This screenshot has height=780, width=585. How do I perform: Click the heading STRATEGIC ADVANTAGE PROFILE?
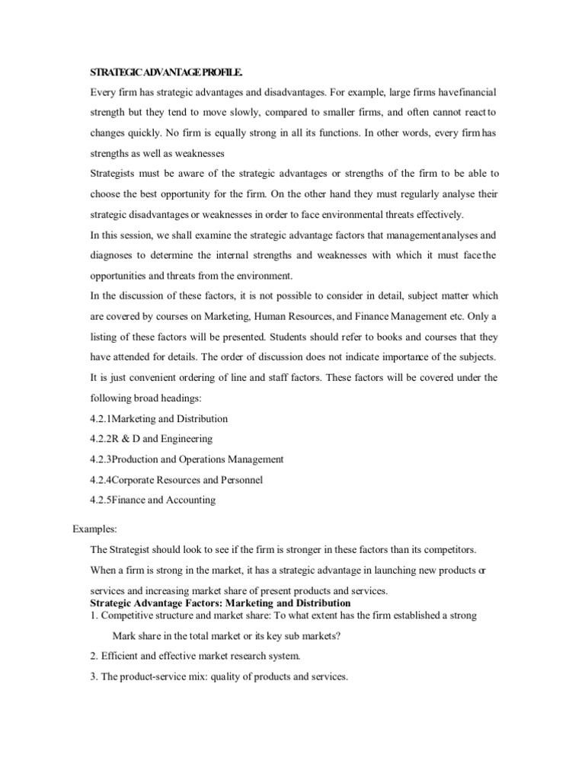tap(167, 72)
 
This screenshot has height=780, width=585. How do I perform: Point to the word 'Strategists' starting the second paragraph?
tap(115, 173)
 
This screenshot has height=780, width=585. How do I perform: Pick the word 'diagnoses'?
tap(113, 255)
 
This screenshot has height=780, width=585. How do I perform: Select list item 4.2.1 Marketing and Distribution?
tap(158, 419)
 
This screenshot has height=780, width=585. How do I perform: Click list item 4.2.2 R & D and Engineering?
tap(151, 439)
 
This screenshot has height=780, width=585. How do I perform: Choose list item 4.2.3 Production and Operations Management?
tap(187, 459)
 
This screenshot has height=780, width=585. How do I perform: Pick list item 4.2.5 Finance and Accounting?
tap(152, 500)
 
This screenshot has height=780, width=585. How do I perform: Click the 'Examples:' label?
tap(95, 528)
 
